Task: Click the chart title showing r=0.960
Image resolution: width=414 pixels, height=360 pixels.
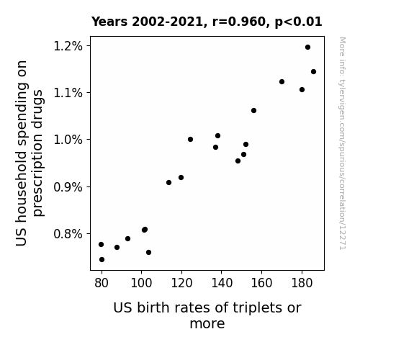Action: (x=207, y=22)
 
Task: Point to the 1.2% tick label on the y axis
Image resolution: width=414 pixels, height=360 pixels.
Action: (x=68, y=46)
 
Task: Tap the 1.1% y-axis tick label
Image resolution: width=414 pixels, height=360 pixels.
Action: (x=68, y=93)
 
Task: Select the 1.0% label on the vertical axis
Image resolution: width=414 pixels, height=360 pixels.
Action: (x=68, y=140)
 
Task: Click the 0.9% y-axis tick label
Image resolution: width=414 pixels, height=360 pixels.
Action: (x=68, y=187)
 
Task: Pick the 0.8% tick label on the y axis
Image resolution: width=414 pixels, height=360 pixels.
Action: (x=68, y=234)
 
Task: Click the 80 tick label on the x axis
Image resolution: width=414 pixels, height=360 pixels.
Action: (x=102, y=283)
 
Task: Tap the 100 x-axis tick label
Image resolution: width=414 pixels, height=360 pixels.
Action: (x=141, y=283)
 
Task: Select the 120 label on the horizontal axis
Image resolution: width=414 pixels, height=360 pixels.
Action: (x=181, y=283)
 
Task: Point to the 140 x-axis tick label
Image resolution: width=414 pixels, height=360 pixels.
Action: (x=222, y=283)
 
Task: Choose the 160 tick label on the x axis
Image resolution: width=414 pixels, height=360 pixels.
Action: (x=261, y=283)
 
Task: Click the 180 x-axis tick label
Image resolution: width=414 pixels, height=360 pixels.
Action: (x=302, y=283)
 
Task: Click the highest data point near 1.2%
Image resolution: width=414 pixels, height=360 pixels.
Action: (x=307, y=48)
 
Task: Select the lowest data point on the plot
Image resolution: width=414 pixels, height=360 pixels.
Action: (x=102, y=260)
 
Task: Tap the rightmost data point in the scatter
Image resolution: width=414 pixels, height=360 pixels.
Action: (x=313, y=71)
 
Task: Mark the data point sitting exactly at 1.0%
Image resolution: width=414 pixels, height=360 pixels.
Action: (x=190, y=139)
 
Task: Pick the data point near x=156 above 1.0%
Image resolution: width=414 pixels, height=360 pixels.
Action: (x=253, y=110)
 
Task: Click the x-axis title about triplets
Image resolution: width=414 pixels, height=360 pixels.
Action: (x=207, y=315)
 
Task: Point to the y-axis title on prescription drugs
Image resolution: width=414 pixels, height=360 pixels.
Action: (x=29, y=153)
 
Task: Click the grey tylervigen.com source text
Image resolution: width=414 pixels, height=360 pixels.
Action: (x=343, y=143)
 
